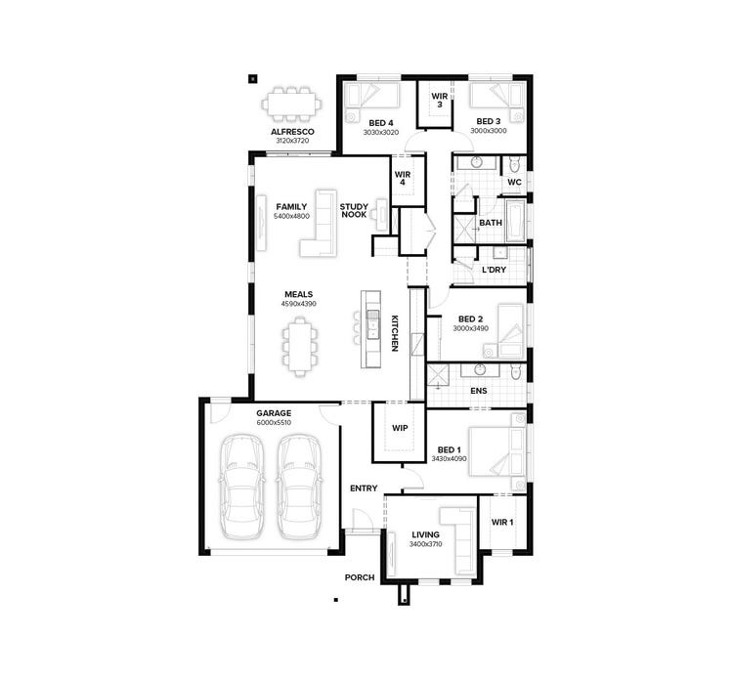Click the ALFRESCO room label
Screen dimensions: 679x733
pos(291,130)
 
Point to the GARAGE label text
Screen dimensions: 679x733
pos(274,413)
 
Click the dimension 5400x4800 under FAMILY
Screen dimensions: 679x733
pos(291,216)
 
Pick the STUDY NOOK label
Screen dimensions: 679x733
pos(353,210)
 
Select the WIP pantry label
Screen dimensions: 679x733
pos(400,428)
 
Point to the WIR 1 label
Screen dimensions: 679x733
pos(502,523)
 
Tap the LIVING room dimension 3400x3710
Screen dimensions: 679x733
pos(425,543)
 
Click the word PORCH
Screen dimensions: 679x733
pos(360,577)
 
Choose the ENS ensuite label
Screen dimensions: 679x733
pos(478,391)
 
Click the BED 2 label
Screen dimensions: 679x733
pos(470,318)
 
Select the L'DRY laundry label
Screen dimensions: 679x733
pos(494,269)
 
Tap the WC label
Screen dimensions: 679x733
pos(513,182)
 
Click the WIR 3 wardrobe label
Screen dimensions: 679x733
pos(439,100)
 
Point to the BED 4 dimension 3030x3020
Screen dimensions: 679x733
pos(380,131)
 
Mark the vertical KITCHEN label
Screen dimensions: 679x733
pos(395,333)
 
